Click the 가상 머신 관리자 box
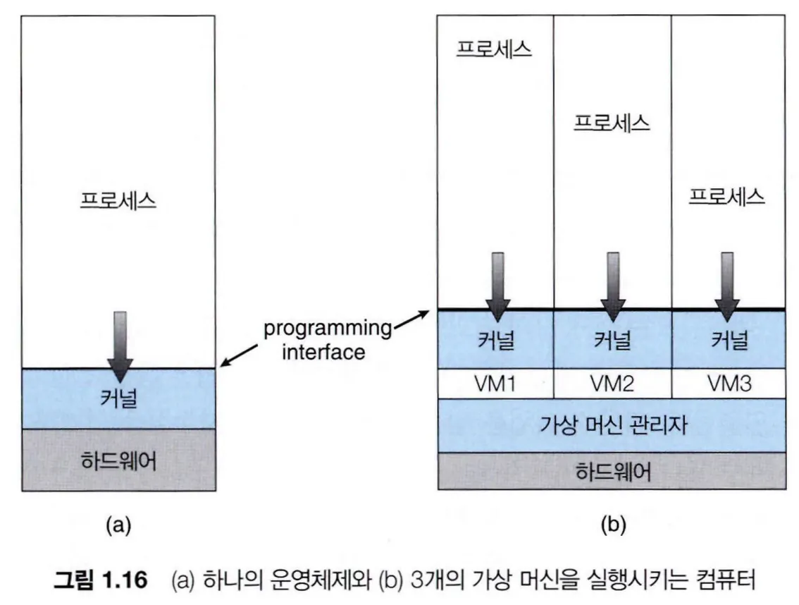[612, 425]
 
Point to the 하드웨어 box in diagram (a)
[118, 460]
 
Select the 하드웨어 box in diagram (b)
[612, 471]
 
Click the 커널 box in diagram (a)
[118, 399]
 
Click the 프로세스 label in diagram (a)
[118, 200]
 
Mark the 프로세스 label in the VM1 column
[494, 49]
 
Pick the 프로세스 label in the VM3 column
[727, 195]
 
